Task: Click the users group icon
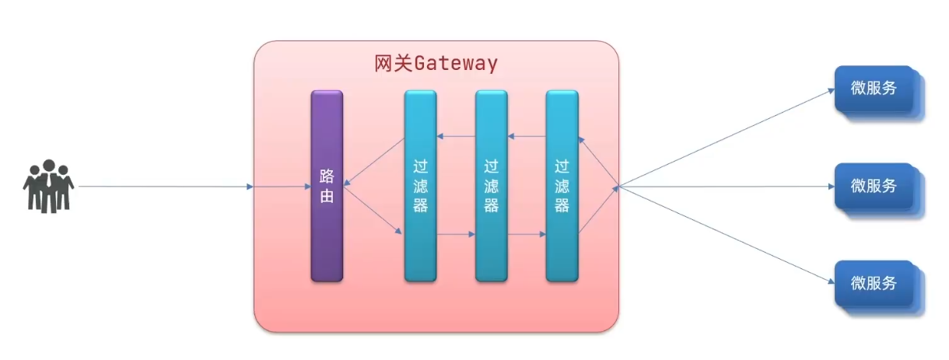pos(48,187)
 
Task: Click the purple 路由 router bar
pos(327,186)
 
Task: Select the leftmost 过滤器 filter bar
pos(420,186)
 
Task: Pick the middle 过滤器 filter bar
pos(491,186)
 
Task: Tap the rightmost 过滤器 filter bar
pos(562,186)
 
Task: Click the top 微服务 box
pos(874,89)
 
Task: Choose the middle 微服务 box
pos(874,186)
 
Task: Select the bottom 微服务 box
pos(874,283)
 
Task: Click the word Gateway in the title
pos(455,64)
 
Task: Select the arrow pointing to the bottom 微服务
pos(723,234)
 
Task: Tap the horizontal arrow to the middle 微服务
pos(723,187)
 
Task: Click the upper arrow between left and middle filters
pos(456,137)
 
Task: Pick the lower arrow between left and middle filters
pos(456,233)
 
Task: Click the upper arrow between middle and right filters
pos(527,137)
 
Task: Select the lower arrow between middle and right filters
pos(527,233)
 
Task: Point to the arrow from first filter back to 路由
pos(374,162)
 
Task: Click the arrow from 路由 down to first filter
pos(374,211)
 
